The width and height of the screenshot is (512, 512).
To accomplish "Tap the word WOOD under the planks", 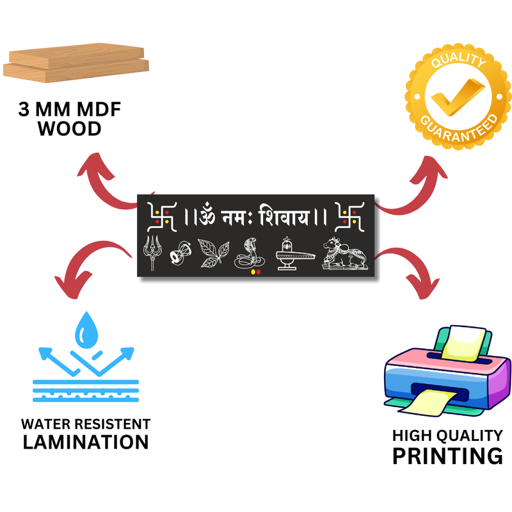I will (x=69, y=129).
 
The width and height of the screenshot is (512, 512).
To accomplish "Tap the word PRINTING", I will (x=447, y=456).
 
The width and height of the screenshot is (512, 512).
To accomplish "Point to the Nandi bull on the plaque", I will (x=344, y=253).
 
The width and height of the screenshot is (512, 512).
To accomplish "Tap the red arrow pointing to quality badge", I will (x=416, y=186).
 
